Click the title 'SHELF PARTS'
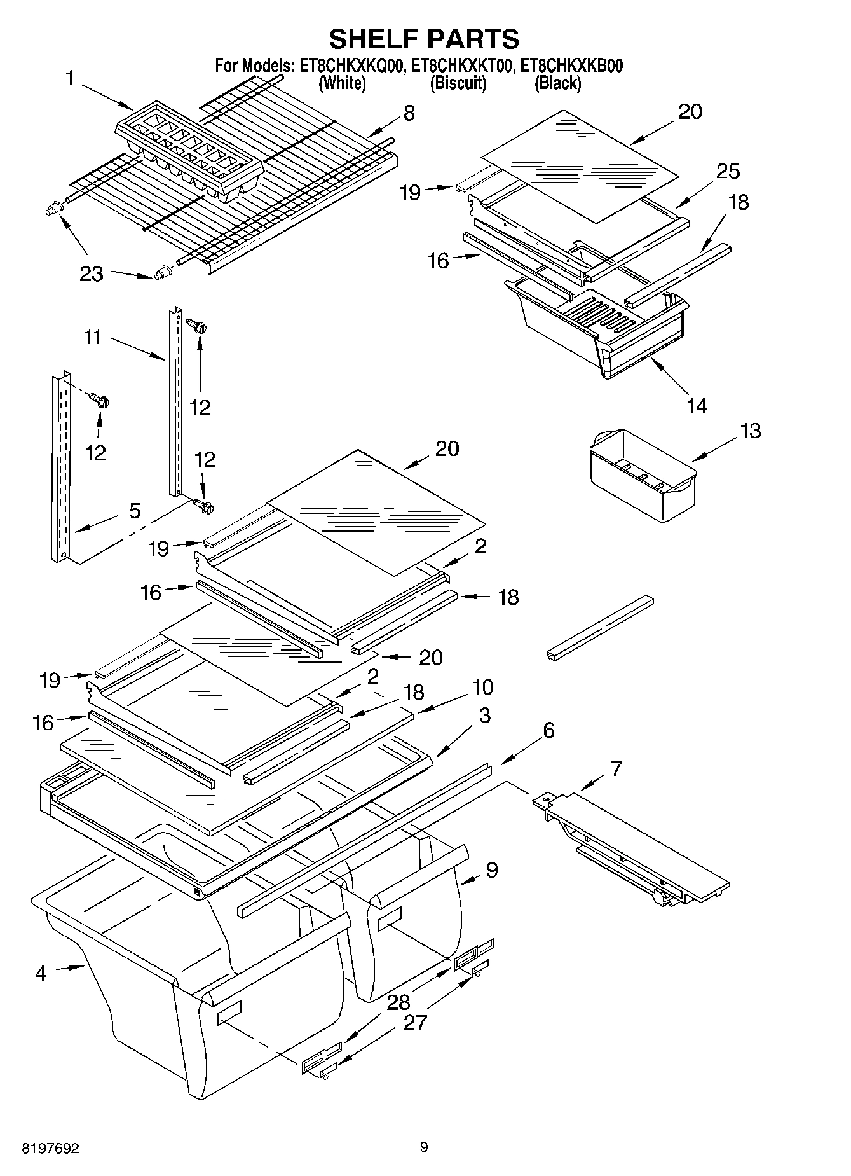click(424, 39)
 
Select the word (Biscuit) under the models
click(458, 83)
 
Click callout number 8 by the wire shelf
click(409, 113)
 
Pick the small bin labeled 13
click(642, 474)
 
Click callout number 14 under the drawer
click(697, 405)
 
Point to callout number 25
click(728, 171)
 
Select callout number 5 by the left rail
click(135, 511)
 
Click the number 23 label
click(91, 273)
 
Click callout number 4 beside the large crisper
click(41, 973)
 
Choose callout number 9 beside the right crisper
click(491, 869)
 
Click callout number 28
click(398, 1002)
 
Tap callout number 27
click(416, 1022)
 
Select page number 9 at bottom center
click(424, 1147)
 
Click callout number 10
click(482, 687)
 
